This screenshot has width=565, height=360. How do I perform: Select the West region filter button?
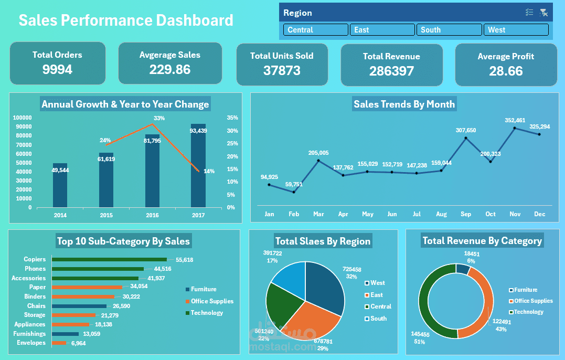tap(516, 30)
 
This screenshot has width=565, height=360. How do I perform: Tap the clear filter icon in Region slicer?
tap(543, 13)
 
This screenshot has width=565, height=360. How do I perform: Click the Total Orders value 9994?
tap(57, 69)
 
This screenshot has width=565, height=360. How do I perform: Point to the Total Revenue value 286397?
tap(391, 71)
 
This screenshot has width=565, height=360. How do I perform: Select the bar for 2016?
tap(152, 171)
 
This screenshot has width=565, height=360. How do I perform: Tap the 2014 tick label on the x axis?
tap(60, 215)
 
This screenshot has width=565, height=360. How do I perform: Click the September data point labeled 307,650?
tap(466, 138)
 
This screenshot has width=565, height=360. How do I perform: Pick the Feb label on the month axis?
tap(294, 214)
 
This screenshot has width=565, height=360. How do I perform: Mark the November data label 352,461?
tap(515, 120)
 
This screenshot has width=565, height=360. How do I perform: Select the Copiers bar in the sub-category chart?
tap(109, 259)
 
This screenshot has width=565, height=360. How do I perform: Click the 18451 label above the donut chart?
tap(471, 253)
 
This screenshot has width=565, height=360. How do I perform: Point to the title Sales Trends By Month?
tap(404, 104)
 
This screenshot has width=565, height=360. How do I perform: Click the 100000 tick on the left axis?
tap(22, 118)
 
